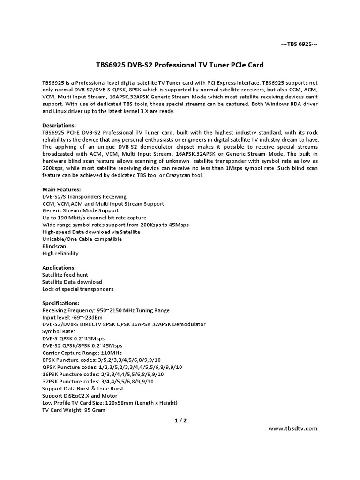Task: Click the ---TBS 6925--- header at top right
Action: pyautogui.click(x=299, y=44)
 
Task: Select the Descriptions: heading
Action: pyautogui.click(x=59, y=126)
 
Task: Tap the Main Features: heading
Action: pyautogui.click(x=61, y=189)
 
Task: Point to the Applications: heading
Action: pyautogui.click(x=59, y=268)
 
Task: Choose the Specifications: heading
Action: pyautogui.click(x=61, y=303)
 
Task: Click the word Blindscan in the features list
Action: pyautogui.click(x=54, y=246)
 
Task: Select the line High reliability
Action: pyautogui.click(x=60, y=253)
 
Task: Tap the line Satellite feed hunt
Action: pyautogui.click(x=65, y=275)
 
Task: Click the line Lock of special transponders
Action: pyautogui.click(x=78, y=289)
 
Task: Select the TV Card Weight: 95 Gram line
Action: pyautogui.click(x=74, y=410)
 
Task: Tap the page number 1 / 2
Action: pyautogui.click(x=180, y=420)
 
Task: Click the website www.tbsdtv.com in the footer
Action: pyautogui.click(x=292, y=428)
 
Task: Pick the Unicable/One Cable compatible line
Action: pyautogui.click(x=82, y=239)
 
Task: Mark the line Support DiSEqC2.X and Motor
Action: pyautogui.click(x=80, y=396)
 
